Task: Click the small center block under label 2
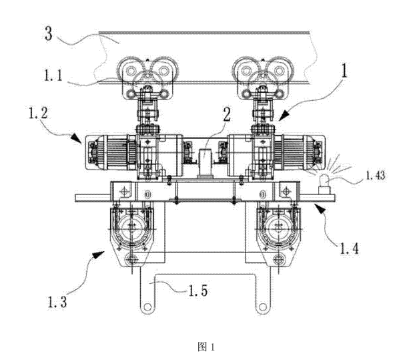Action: click(203, 161)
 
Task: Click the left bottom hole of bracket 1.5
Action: click(145, 307)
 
